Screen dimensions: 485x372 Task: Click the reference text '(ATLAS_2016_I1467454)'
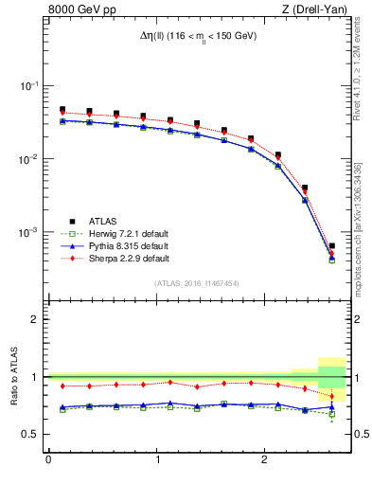pyautogui.click(x=196, y=283)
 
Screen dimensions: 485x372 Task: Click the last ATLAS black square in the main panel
pyautogui.click(x=331, y=246)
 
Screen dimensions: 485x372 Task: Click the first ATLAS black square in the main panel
pyautogui.click(x=62, y=110)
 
